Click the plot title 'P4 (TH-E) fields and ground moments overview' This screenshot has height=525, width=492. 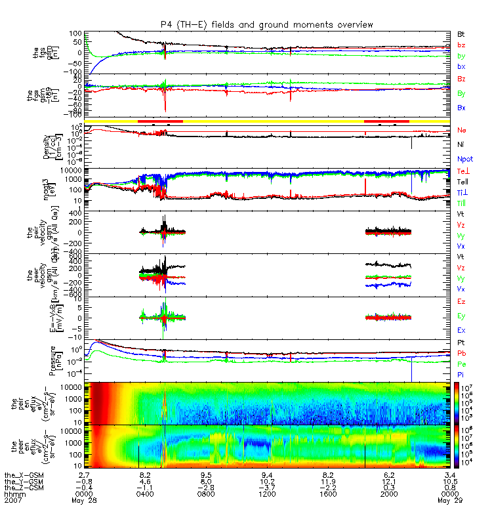pyautogui.click(x=266, y=24)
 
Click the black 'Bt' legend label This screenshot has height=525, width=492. pyautogui.click(x=461, y=33)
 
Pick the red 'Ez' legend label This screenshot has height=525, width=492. pyautogui.click(x=461, y=301)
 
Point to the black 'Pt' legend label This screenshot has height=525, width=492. pyautogui.click(x=461, y=344)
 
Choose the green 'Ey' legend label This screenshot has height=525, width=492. pyautogui.click(x=462, y=316)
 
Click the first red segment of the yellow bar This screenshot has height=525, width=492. pyautogui.click(x=160, y=121)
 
